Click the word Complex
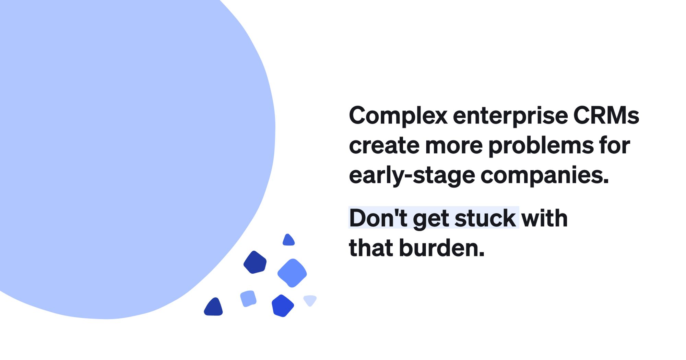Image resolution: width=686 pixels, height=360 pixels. (x=398, y=116)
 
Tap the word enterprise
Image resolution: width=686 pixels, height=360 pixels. (x=510, y=116)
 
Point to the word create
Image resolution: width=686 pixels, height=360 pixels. (x=384, y=146)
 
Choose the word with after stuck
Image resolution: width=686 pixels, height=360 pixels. (x=544, y=218)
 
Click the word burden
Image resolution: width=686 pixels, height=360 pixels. (x=442, y=248)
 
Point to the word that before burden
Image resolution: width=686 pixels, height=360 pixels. (x=371, y=248)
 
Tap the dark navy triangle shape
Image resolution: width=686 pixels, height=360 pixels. (x=214, y=308)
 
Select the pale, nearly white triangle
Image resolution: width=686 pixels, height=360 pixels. (x=310, y=300)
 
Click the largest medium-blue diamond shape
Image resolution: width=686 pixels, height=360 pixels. (x=292, y=273)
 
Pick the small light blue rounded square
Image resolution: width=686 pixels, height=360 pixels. (x=248, y=299)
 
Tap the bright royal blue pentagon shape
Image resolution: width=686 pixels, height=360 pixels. (x=282, y=306)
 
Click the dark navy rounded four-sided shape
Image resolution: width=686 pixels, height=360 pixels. (x=255, y=262)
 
